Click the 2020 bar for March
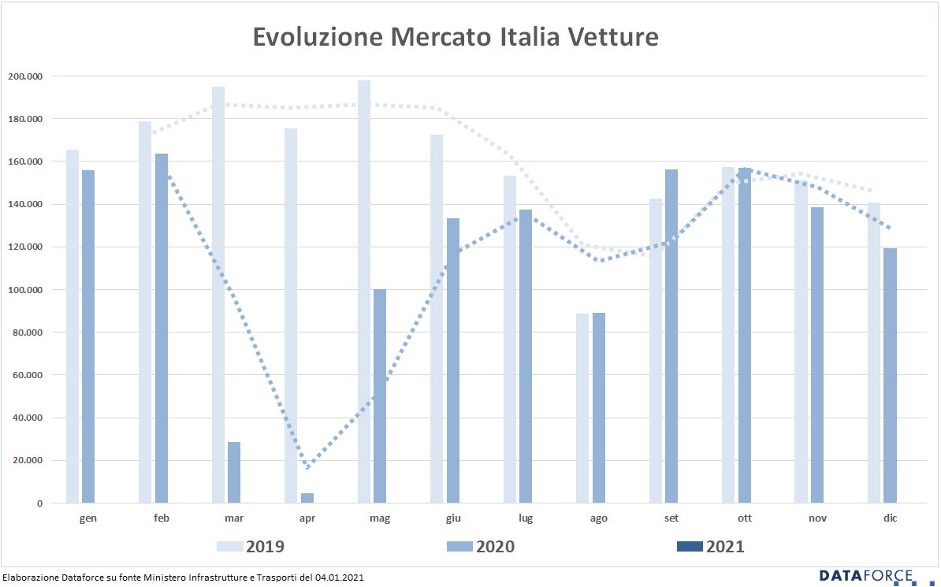point(234,473)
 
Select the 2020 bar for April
point(307,498)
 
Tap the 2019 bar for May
point(363,292)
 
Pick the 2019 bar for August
point(582,408)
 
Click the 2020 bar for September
point(671,336)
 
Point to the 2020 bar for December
point(890,376)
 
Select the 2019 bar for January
point(73,326)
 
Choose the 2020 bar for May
point(380,396)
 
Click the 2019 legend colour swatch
point(230,547)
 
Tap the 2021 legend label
point(725,547)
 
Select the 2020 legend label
point(495,547)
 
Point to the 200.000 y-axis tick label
point(25,76)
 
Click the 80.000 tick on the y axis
point(28,333)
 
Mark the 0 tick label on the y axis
point(39,503)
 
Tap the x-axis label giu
point(453,518)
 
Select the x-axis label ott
point(744,518)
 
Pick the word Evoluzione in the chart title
point(318,36)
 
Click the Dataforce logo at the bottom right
point(868,576)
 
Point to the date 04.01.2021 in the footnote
point(339,578)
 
